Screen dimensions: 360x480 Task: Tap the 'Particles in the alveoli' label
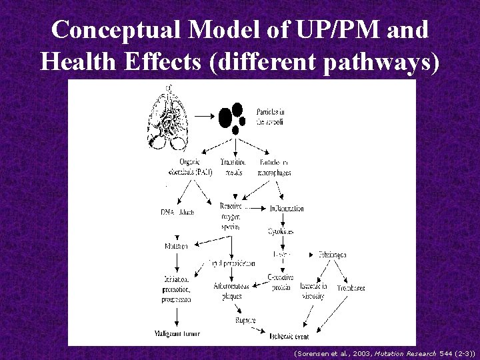point(272,117)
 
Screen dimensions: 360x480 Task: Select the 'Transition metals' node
point(233,166)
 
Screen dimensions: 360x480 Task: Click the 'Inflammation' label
point(286,209)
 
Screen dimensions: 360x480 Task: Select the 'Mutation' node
point(177,246)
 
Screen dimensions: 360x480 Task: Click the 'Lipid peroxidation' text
point(231,263)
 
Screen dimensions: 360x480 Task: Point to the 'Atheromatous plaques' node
point(231,291)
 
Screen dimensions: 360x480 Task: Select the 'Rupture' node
point(245,320)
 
